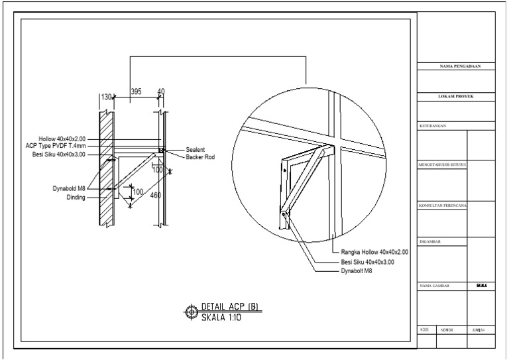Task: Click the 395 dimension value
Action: pyautogui.click(x=136, y=91)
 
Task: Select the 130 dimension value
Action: pyautogui.click(x=106, y=97)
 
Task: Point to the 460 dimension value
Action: pyautogui.click(x=156, y=195)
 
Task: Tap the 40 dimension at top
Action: pyautogui.click(x=160, y=91)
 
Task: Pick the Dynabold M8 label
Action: pyautogui.click(x=70, y=188)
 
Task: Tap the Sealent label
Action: pyautogui.click(x=197, y=150)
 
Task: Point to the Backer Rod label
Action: pyautogui.click(x=200, y=157)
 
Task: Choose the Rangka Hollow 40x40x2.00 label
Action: pyautogui.click(x=374, y=253)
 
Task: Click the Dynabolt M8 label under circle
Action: pyautogui.click(x=356, y=270)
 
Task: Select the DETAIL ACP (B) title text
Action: pyautogui.click(x=229, y=306)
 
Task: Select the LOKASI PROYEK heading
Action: pyautogui.click(x=457, y=96)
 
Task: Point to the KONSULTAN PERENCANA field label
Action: pyautogui.click(x=443, y=206)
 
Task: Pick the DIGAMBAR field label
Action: pyautogui.click(x=431, y=241)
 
